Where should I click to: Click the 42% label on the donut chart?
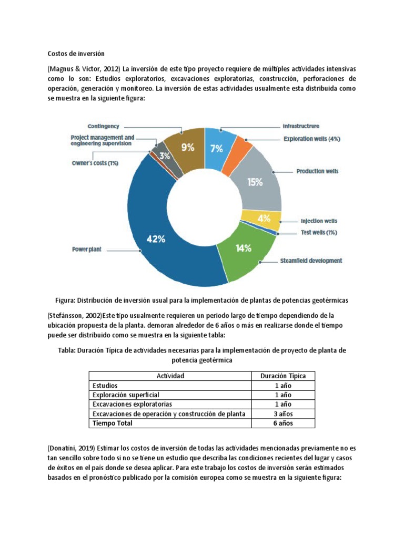155,239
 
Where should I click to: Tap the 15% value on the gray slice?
255,182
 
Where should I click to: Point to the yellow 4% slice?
264,218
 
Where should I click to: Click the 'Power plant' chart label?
87,250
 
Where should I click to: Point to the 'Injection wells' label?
319,221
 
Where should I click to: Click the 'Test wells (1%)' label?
319,232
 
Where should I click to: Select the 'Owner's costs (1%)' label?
95,163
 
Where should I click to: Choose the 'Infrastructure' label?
300,126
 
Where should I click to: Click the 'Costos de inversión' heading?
76,54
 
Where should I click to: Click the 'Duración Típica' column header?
283,376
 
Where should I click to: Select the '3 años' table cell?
283,413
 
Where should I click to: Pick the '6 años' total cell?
283,423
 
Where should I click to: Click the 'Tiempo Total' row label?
113,423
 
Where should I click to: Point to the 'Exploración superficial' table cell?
126,395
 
